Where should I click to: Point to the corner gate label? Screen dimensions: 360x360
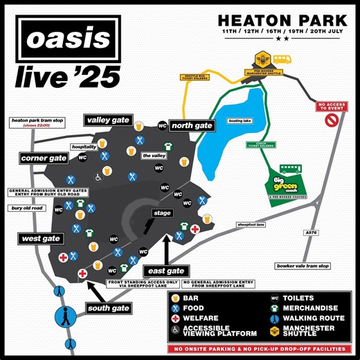click(44, 159)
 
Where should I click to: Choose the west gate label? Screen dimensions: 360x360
click(40, 238)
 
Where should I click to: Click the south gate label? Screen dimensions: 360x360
click(109, 307)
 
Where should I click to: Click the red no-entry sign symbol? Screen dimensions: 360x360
click(331, 120)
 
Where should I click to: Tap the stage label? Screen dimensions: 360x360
click(163, 213)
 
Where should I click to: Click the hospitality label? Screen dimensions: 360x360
click(83, 147)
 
